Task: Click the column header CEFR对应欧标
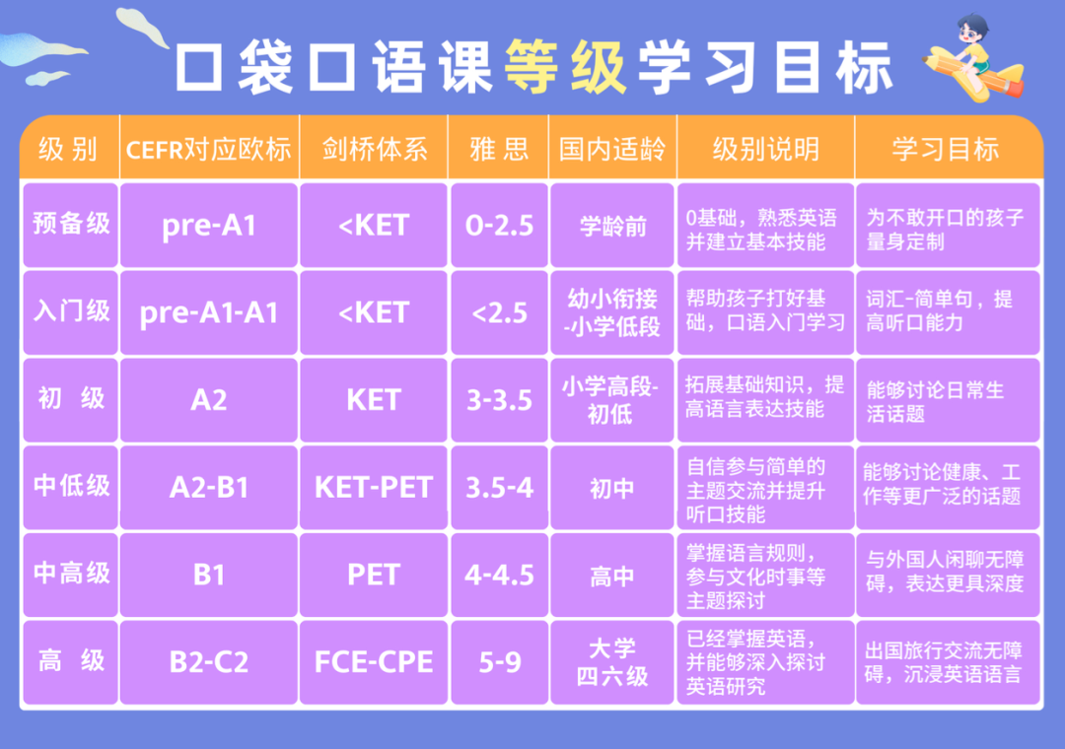(208, 150)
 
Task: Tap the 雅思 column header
(499, 150)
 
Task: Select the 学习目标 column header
(946, 150)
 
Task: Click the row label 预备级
(71, 224)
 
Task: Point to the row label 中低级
(71, 486)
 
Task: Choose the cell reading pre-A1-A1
(208, 313)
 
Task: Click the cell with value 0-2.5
(499, 226)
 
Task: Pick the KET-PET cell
(374, 488)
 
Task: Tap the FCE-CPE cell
(374, 662)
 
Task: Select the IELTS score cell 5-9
(499, 662)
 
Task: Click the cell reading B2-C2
(208, 662)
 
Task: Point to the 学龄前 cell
(612, 226)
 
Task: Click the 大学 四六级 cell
(612, 662)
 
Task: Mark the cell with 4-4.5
(499, 576)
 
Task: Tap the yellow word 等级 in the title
(565, 66)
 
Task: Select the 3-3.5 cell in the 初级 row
(499, 401)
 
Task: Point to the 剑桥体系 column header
(374, 150)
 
